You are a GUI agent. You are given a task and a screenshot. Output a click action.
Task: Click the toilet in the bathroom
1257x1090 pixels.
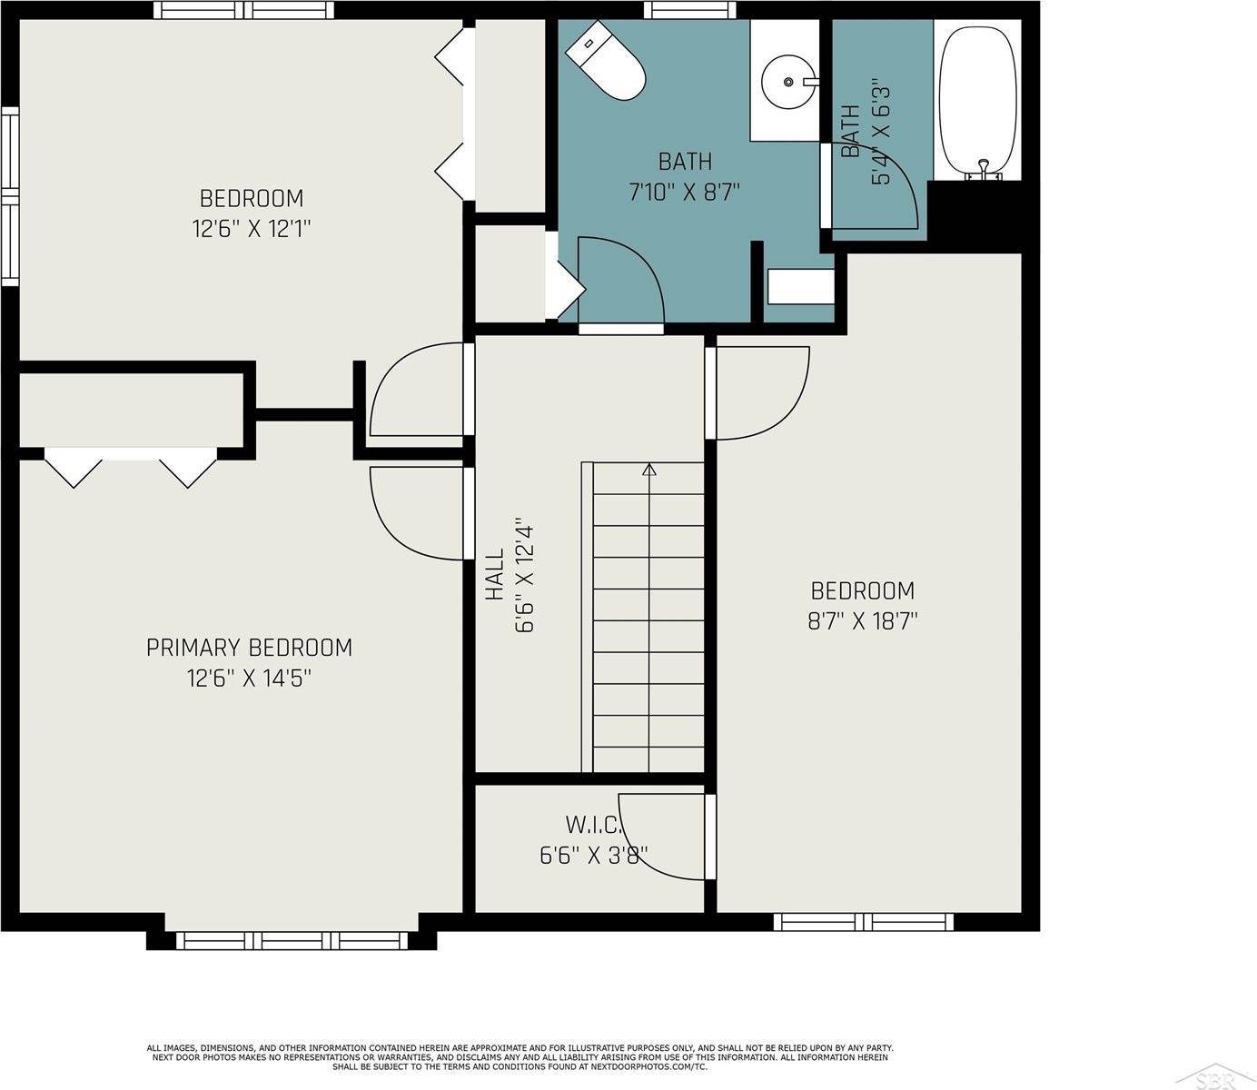coord(605,61)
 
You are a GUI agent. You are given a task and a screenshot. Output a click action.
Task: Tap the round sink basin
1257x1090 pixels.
coord(788,82)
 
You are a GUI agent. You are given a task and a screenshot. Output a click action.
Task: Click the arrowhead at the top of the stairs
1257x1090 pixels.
coord(649,469)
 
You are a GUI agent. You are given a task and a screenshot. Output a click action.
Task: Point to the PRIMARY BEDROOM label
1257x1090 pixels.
coord(250,647)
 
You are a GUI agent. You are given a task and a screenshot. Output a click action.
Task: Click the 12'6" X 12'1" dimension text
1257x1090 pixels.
coord(252,229)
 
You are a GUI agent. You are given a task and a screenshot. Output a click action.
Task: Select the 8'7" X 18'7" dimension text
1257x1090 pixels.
coord(862,621)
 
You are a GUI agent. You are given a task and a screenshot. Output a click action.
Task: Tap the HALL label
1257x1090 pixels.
coord(495,574)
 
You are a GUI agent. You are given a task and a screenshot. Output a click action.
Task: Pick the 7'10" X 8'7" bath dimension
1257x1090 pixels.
coord(684,193)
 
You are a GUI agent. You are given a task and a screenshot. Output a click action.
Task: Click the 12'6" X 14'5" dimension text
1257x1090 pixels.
coord(250,678)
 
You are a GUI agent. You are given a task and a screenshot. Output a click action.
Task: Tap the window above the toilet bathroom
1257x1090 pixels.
coord(689,10)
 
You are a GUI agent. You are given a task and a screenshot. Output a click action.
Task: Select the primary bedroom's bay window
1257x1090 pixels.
coord(292,940)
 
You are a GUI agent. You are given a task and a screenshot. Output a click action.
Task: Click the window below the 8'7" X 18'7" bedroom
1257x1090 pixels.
coord(864,922)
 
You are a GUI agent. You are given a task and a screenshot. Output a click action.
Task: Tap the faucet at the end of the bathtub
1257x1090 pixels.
coord(983,170)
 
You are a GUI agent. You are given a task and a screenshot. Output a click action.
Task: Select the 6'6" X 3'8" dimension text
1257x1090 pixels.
coord(593,856)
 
